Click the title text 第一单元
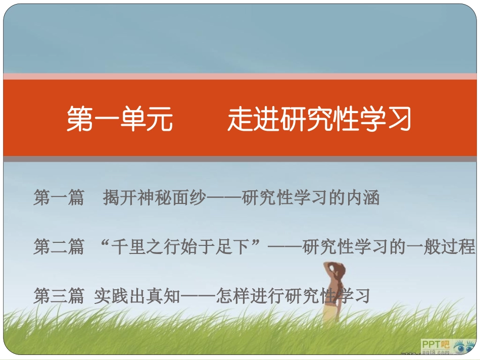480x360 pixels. pyautogui.click(x=120, y=119)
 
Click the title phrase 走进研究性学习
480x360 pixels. pyautogui.click(x=319, y=119)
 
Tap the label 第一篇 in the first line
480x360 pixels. pyautogui.click(x=59, y=197)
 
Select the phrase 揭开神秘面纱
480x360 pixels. pyautogui.click(x=154, y=197)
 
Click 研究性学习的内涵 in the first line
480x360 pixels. pyautogui.click(x=311, y=197)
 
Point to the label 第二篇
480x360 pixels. pyautogui.click(x=59, y=247)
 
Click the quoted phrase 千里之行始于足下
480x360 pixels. pyautogui.click(x=180, y=247)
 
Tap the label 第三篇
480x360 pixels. pyautogui.click(x=59, y=296)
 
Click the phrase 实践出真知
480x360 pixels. pyautogui.click(x=137, y=296)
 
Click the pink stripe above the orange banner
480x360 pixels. pyautogui.click(x=240, y=76)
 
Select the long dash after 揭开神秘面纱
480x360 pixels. pyautogui.click(x=224, y=198)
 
